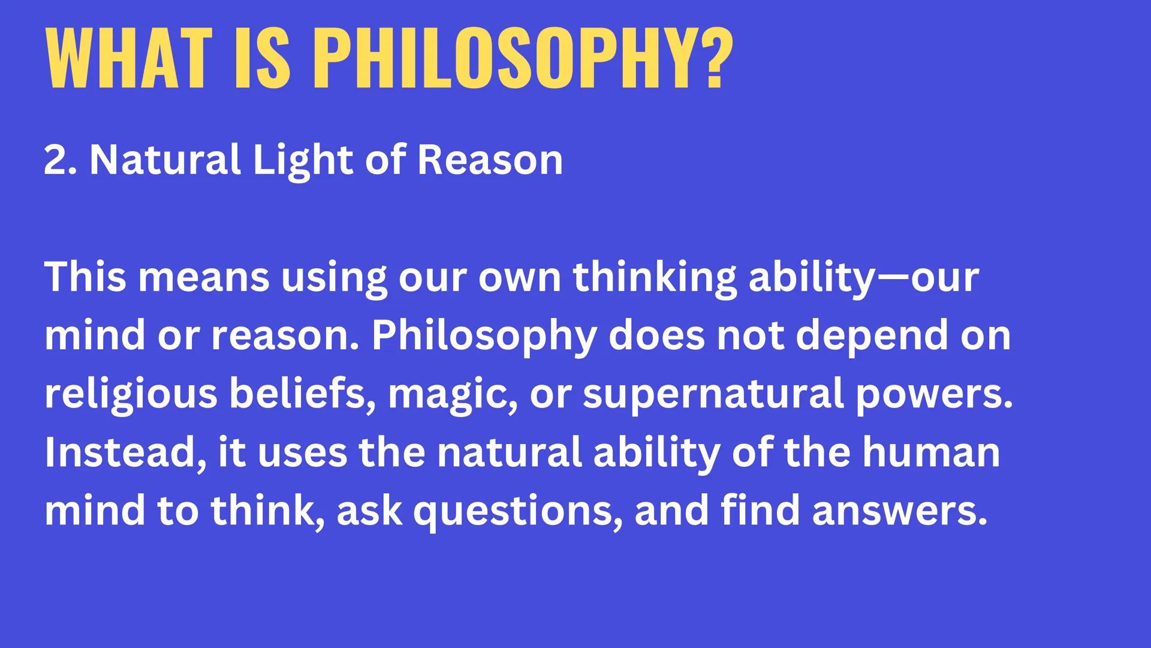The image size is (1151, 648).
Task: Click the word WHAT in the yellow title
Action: pos(129,59)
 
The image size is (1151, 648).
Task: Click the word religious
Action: pos(131,395)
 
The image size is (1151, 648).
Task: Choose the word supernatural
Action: pos(713,395)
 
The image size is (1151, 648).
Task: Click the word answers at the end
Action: pos(899,511)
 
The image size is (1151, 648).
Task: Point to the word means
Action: pos(204,278)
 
